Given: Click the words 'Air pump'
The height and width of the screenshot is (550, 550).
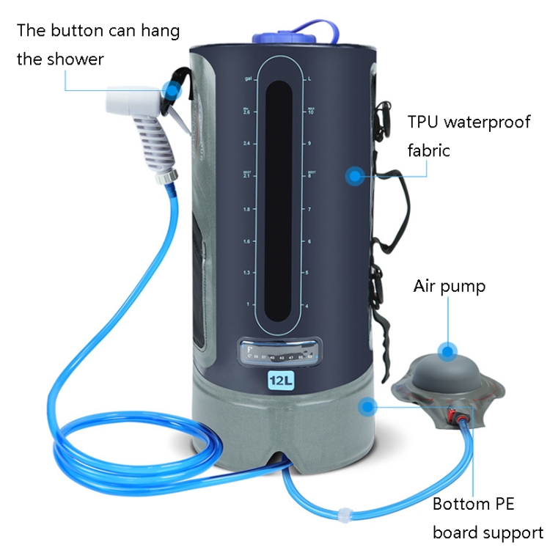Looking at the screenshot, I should [x=450, y=286].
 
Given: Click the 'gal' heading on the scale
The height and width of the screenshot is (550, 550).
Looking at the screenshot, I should [x=249, y=77].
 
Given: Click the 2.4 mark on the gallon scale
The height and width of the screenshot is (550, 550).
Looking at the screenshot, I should [x=247, y=144].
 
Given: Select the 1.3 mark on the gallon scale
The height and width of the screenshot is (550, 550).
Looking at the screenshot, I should [x=247, y=273].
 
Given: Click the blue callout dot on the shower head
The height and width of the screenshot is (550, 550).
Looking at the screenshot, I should [x=170, y=92].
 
